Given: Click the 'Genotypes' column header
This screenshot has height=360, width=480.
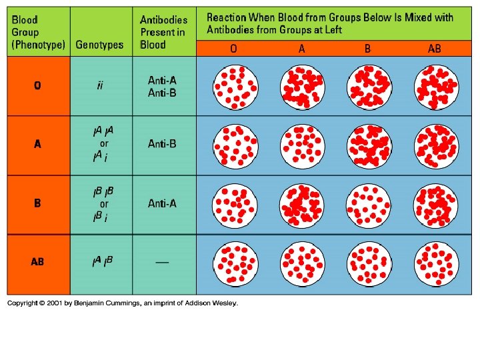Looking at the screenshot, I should tap(99, 45).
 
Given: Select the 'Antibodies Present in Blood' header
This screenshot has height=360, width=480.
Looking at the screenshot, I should tap(163, 32).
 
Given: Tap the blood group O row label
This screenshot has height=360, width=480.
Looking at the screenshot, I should tap(37, 85).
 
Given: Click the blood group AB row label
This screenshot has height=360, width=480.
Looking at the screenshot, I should tap(37, 262).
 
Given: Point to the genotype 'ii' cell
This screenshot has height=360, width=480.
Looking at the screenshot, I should tap(100, 85).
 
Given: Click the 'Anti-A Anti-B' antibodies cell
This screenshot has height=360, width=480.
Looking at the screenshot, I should tap(162, 87).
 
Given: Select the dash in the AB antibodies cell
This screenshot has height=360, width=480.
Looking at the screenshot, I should tap(162, 262).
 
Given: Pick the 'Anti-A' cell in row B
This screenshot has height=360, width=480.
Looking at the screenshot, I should tap(162, 203).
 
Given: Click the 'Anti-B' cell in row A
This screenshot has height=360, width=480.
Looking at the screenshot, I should tap(162, 143).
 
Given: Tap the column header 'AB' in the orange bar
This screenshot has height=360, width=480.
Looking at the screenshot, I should tap(435, 48).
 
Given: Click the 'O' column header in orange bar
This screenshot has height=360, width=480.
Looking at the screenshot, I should tap(233, 48).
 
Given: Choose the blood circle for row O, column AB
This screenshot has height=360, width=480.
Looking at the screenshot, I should tap(435, 87).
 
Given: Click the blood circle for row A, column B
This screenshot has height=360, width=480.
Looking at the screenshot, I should tap(369, 145).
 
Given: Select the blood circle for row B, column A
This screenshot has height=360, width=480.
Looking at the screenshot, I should tap(302, 203).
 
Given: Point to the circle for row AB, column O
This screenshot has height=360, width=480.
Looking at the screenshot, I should tap(233, 262).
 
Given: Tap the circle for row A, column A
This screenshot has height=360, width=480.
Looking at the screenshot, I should tap(302, 145).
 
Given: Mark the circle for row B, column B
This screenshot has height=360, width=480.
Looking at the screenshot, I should tap(369, 203).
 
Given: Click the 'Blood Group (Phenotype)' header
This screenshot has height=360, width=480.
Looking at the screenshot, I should tap(38, 32).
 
